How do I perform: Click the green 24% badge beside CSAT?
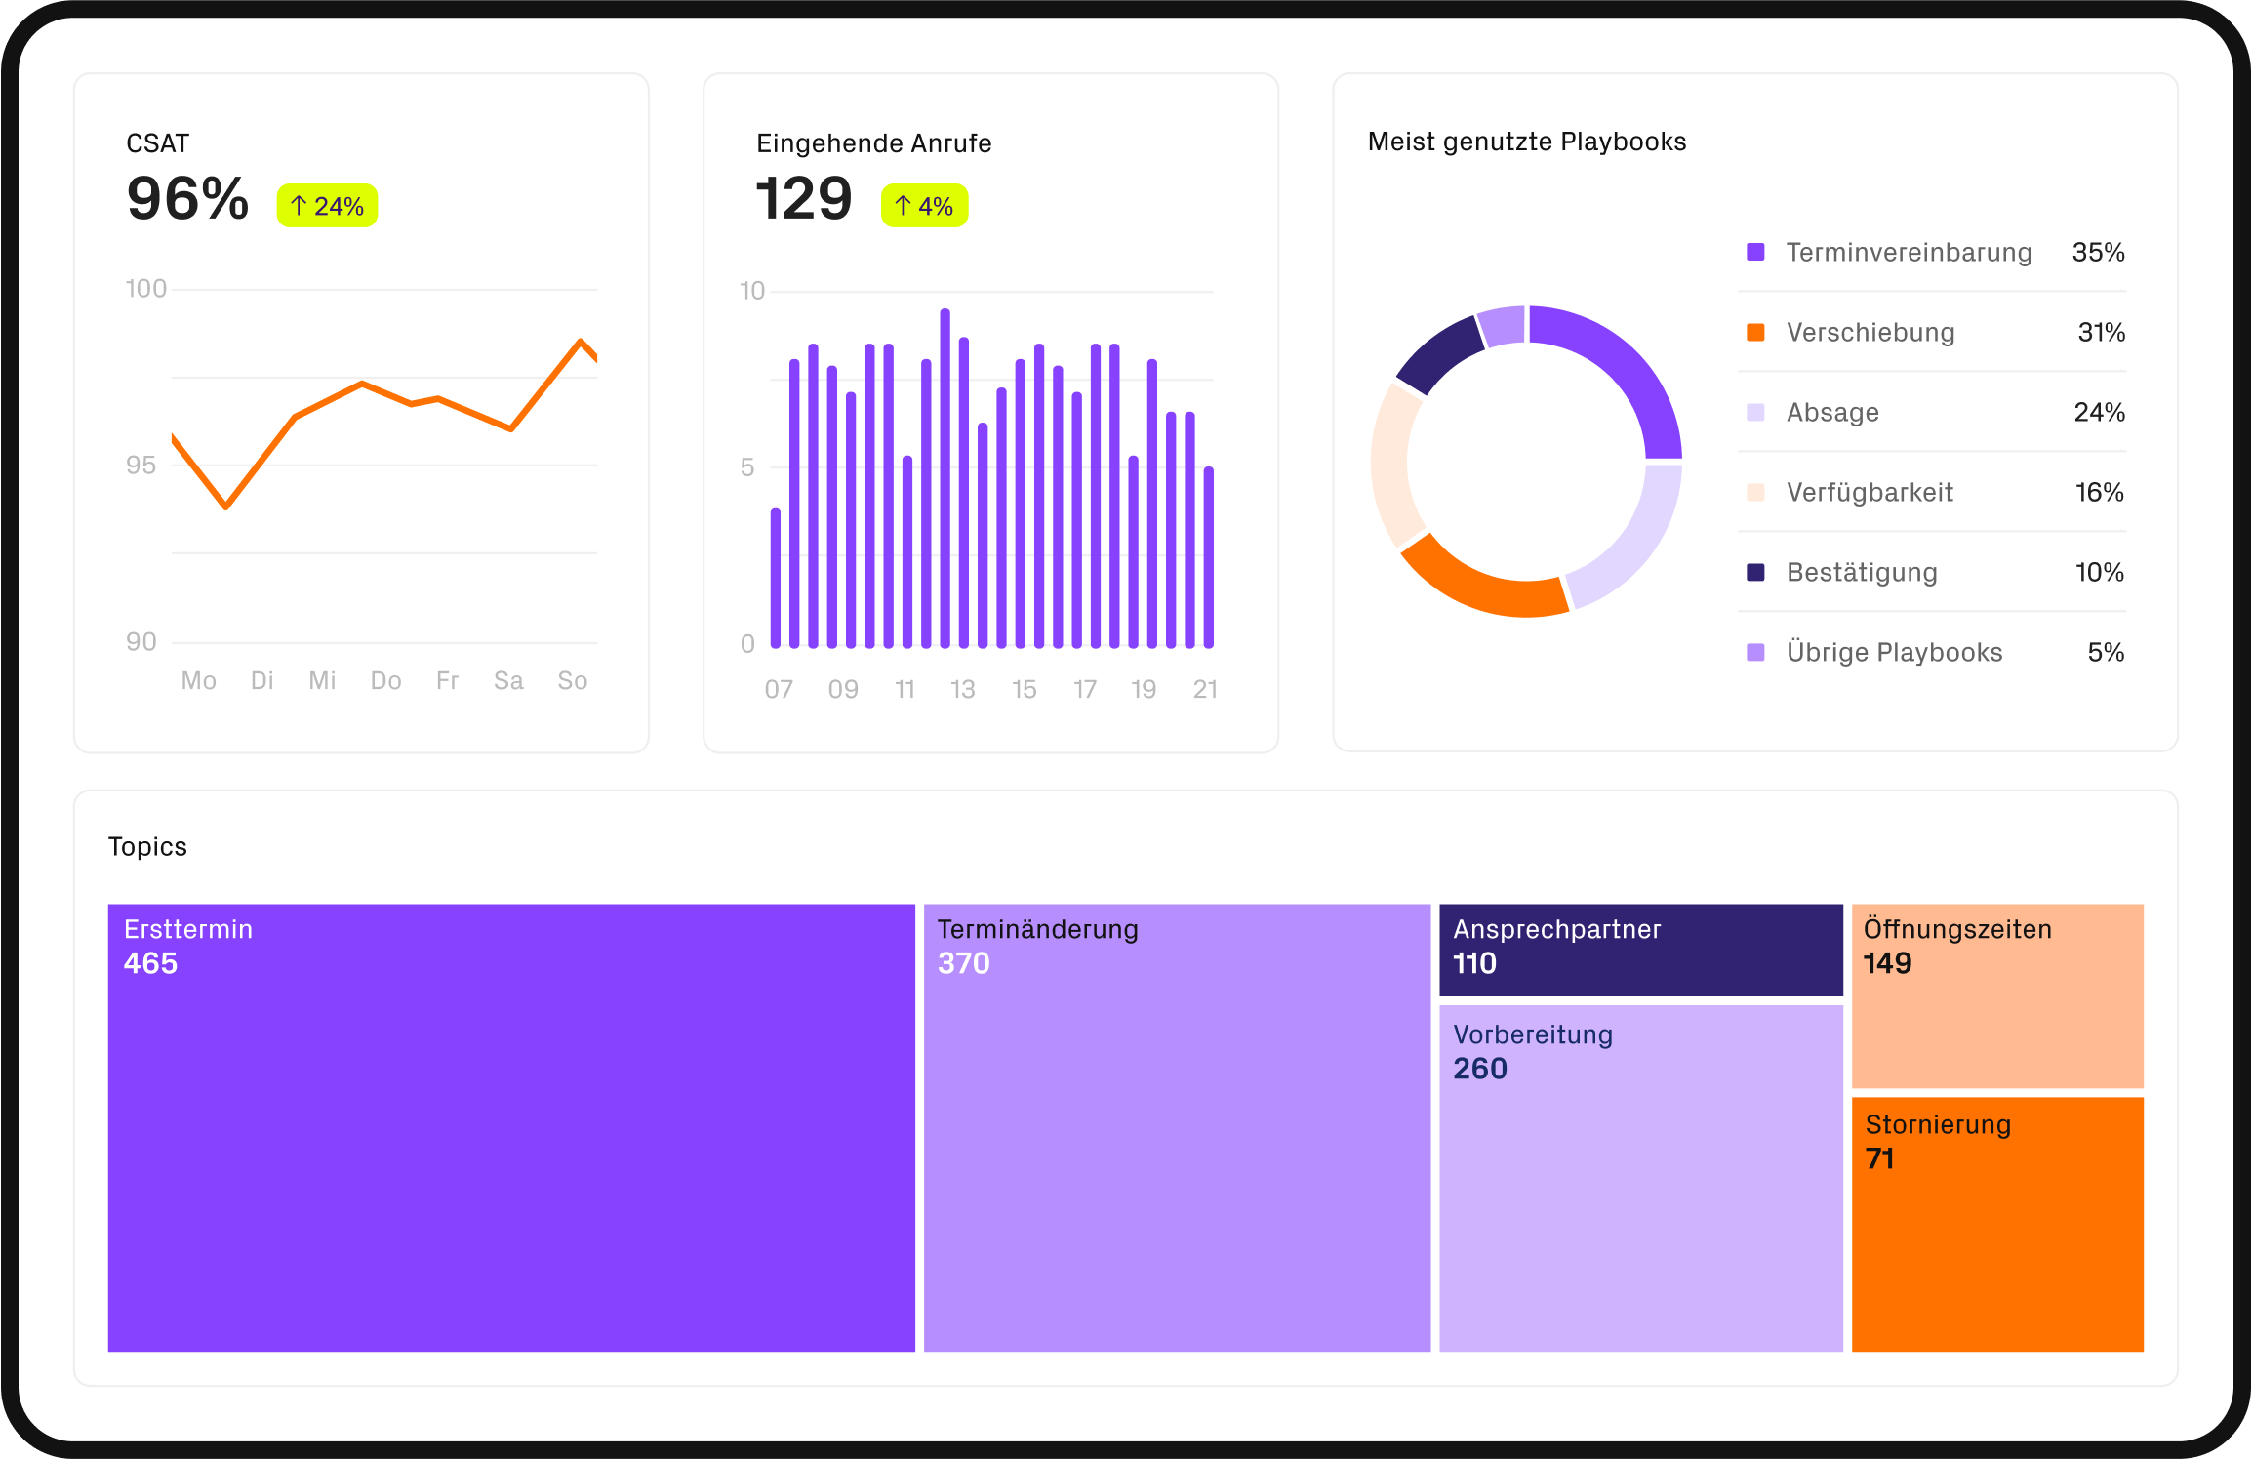click(x=327, y=206)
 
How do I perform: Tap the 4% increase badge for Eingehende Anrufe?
click(x=924, y=206)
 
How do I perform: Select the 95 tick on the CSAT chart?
click(x=141, y=466)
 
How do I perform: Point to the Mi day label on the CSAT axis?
click(x=322, y=680)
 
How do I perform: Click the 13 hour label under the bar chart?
click(x=962, y=689)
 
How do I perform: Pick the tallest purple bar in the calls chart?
click(x=945, y=478)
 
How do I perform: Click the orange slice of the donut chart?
click(x=1478, y=583)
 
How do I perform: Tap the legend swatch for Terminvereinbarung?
click(x=1755, y=252)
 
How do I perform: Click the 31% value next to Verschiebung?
click(x=2101, y=332)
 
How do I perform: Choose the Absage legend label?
click(x=1831, y=412)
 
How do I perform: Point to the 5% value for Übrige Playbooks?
click(x=2105, y=652)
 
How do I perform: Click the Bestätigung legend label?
click(x=1861, y=572)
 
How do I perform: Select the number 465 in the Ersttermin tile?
click(x=150, y=963)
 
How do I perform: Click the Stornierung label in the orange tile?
click(x=1938, y=1124)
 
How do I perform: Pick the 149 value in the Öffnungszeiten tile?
click(x=1887, y=963)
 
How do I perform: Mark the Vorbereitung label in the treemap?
click(x=1532, y=1034)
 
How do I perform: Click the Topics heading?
click(x=147, y=846)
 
